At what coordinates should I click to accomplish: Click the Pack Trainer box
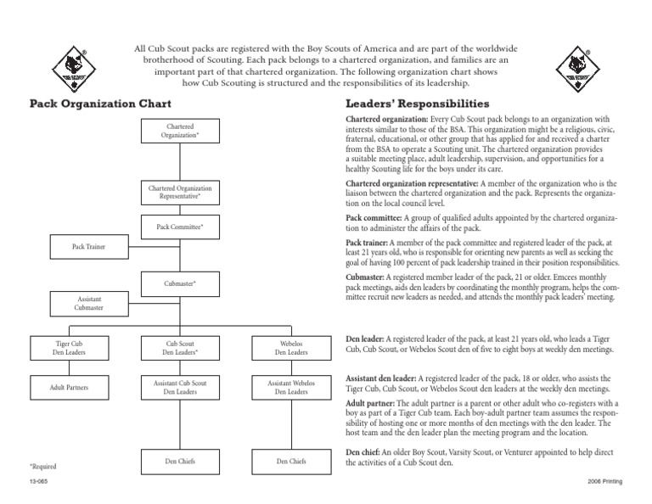[x=89, y=248]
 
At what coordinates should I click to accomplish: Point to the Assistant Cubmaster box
[x=89, y=305]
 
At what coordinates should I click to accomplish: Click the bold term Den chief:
[x=367, y=451]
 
